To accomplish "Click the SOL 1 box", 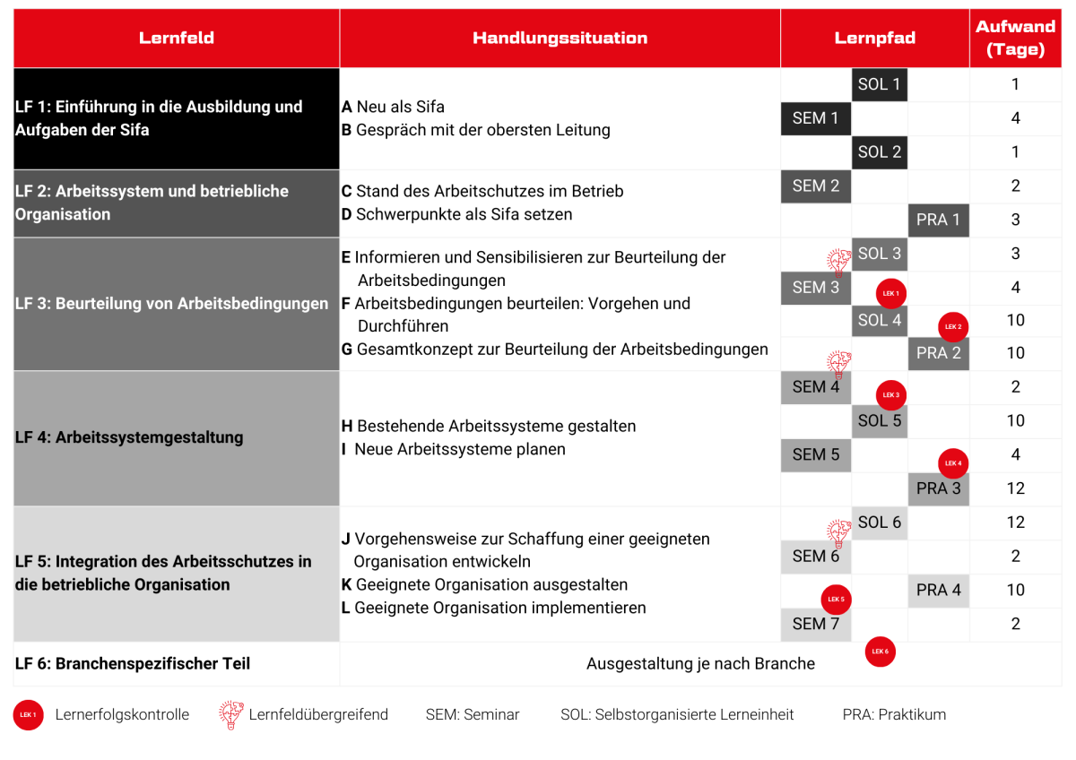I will pos(879,84).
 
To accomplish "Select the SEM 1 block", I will pos(815,118).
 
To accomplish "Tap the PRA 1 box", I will pos(938,220).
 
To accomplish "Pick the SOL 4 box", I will pos(879,320).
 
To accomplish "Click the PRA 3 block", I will pos(938,488).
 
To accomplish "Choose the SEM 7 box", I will pos(815,624).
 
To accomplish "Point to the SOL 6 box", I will pos(879,522).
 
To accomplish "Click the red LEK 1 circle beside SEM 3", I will pos(890,293).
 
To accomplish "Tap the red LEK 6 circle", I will pos(880,652).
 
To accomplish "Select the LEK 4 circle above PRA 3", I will pos(953,463).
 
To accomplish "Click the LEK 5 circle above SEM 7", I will pos(836,600).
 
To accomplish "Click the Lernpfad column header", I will pos(874,39).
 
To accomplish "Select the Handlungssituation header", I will pos(560,39).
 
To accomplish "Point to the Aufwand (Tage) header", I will pos(1015,39).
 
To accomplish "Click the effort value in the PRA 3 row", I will pos(1015,488).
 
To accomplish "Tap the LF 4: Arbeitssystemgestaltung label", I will pos(129,437).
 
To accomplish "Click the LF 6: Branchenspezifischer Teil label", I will pos(133,664).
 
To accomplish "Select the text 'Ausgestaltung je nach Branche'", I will pos(700,664).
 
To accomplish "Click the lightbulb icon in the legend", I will pos(230,714).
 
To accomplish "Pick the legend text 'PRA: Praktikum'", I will pos(894,714).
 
